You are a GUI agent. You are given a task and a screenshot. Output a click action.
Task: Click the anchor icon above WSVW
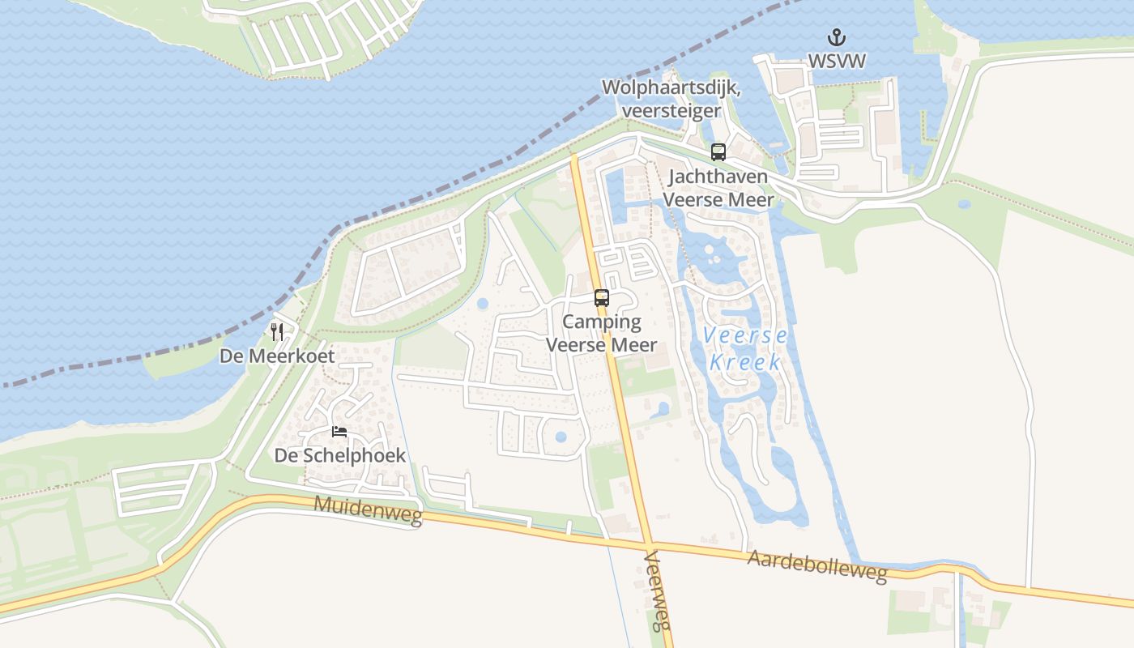[836, 37]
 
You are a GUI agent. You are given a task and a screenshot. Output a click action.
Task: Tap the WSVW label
[837, 61]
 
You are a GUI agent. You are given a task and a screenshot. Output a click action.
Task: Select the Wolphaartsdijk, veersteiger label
[671, 98]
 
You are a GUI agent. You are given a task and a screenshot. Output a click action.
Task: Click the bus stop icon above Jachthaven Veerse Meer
[718, 151]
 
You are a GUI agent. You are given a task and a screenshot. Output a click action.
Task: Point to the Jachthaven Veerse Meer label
[719, 188]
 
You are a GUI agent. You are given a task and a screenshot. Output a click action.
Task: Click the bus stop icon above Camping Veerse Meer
[601, 297]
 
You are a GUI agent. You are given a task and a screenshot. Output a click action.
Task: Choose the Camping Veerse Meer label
[601, 334]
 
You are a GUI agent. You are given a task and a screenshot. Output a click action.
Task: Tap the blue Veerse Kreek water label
[745, 348]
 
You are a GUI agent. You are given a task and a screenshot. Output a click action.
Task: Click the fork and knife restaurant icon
[277, 331]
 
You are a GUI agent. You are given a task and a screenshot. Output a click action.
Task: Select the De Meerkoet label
[277, 356]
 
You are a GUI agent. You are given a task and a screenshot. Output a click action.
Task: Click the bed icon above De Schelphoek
[339, 432]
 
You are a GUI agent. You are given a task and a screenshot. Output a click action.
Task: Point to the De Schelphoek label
[339, 455]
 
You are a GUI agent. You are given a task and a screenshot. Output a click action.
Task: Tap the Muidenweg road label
[369, 510]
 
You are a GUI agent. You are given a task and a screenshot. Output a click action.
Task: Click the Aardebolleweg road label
[817, 566]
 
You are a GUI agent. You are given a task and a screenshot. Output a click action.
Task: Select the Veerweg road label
[658, 591]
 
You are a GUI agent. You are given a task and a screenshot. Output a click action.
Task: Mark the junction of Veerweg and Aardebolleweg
[649, 543]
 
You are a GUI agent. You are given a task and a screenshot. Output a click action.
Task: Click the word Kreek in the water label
[745, 362]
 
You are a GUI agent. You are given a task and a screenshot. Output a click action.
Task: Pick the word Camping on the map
[601, 322]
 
